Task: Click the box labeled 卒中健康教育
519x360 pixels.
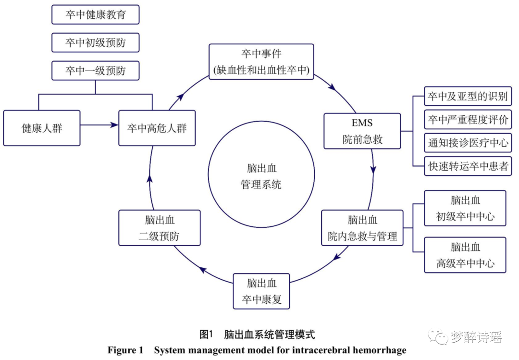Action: [x=95, y=15]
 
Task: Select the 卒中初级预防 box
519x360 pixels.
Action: [x=95, y=43]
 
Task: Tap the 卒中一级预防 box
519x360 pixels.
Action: [x=95, y=71]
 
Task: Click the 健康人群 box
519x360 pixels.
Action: [x=42, y=128]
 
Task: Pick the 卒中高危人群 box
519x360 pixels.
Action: [x=157, y=128]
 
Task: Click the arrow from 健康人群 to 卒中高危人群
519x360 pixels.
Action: [x=99, y=125]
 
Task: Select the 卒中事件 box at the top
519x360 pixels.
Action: [x=261, y=62]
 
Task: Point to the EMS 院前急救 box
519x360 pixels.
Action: [x=362, y=131]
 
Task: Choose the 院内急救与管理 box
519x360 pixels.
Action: [x=362, y=228]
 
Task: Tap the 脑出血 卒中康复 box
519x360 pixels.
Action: [x=262, y=291]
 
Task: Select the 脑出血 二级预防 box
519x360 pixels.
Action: [x=159, y=228]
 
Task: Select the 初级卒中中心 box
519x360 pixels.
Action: [x=465, y=208]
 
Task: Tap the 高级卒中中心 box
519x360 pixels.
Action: [x=465, y=255]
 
